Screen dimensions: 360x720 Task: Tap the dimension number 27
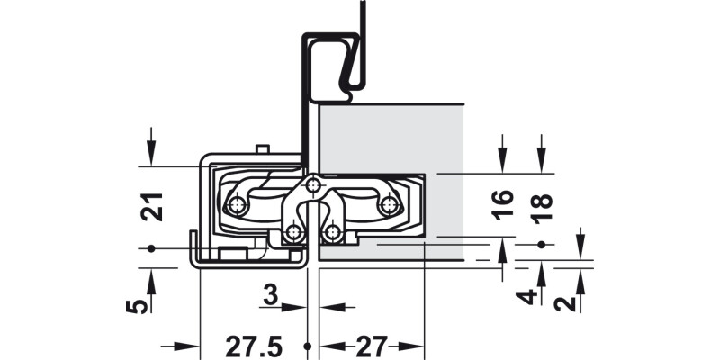coord(370,346)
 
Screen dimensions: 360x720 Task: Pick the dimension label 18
coord(541,204)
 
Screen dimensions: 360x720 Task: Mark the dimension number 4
coord(530,297)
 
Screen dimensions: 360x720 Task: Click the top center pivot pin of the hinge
coord(311,185)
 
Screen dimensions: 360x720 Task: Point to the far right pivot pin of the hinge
coord(389,205)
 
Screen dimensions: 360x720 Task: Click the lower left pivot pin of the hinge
coord(292,234)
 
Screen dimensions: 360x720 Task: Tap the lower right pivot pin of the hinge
coord(333,234)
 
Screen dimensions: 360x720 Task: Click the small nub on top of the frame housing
coord(261,148)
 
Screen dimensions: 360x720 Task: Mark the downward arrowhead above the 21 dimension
coord(152,157)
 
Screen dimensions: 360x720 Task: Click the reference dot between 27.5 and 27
coord(308,346)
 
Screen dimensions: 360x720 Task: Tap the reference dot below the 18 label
coord(541,245)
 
